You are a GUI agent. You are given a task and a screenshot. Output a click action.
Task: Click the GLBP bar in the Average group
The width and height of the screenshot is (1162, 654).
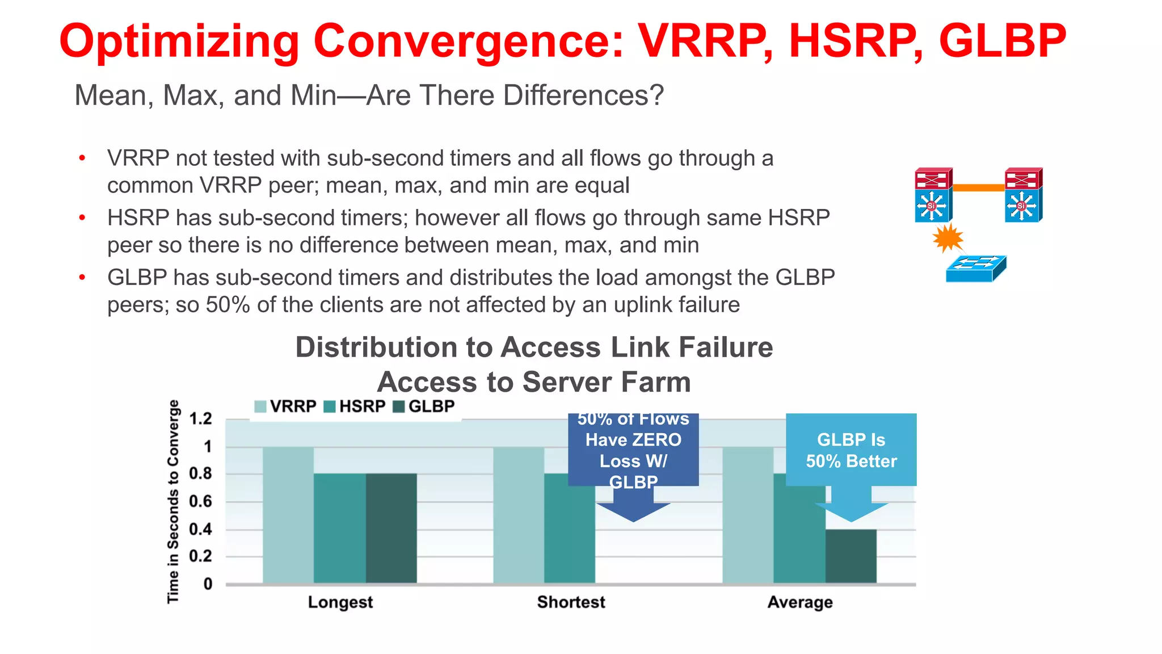[851, 556]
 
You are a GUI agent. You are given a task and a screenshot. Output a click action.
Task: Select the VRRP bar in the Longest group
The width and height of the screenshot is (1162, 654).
[288, 514]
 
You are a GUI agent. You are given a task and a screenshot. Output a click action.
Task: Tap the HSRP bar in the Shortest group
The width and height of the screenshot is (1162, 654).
[569, 528]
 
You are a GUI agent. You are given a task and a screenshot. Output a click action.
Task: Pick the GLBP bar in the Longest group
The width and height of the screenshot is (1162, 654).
[391, 528]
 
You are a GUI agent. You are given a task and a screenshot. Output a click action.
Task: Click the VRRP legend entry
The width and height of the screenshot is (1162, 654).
[285, 406]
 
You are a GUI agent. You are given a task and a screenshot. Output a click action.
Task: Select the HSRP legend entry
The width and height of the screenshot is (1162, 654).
[355, 406]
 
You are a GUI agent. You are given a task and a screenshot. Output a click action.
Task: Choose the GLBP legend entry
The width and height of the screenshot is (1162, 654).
[424, 406]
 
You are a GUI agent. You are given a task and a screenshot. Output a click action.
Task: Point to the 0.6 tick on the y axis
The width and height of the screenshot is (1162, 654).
[200, 501]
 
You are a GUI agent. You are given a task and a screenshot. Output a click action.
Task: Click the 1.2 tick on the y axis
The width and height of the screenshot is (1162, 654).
[200, 419]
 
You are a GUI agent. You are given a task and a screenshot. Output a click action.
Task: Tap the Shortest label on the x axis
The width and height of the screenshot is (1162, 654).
[571, 602]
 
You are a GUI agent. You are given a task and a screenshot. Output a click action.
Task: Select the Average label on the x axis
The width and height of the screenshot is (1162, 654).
[800, 602]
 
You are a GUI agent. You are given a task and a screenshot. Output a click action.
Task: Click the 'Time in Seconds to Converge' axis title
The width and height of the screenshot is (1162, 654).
[173, 501]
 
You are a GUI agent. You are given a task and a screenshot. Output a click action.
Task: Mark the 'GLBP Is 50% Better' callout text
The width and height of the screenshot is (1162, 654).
[851, 450]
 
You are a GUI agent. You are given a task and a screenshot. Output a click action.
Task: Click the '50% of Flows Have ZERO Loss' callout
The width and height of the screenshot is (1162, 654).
[633, 450]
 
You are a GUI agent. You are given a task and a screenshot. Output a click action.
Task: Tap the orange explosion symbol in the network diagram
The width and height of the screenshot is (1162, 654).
[948, 238]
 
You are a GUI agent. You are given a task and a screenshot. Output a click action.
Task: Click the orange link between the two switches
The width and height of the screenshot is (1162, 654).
[978, 187]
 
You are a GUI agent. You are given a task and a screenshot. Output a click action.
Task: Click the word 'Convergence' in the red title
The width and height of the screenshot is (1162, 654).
[468, 41]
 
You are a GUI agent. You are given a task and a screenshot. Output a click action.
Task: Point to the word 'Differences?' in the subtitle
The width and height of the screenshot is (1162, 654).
[583, 95]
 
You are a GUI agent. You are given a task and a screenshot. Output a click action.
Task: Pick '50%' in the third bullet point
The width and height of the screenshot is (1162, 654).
[228, 305]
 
